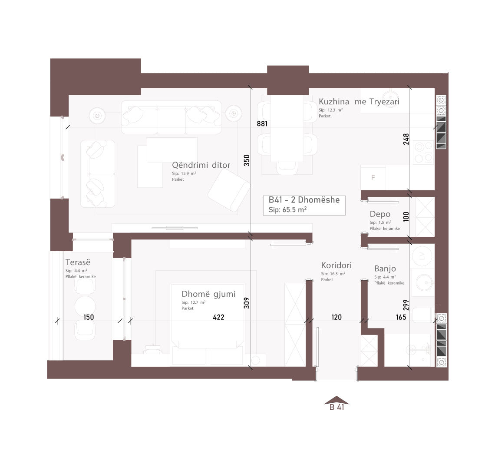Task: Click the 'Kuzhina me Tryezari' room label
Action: (x=359, y=102)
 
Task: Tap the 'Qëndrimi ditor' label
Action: (x=201, y=165)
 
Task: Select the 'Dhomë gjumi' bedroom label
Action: (x=208, y=294)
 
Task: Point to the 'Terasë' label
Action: (x=78, y=262)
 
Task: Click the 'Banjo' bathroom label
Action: (x=385, y=269)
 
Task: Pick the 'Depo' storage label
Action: (x=380, y=214)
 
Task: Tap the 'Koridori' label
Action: (x=336, y=265)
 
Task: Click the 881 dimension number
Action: (x=262, y=123)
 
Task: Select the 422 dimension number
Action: (x=218, y=317)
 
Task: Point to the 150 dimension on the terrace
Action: (x=89, y=317)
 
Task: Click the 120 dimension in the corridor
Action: (x=336, y=317)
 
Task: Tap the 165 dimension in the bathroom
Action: (x=401, y=317)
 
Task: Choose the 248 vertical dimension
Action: (x=406, y=139)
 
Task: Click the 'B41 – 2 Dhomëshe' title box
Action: (x=304, y=205)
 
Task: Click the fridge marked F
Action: (x=373, y=177)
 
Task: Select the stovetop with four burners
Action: (x=423, y=152)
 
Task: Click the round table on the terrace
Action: (x=85, y=306)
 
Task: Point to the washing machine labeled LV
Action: (x=422, y=256)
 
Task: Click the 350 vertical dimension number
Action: (x=247, y=160)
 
